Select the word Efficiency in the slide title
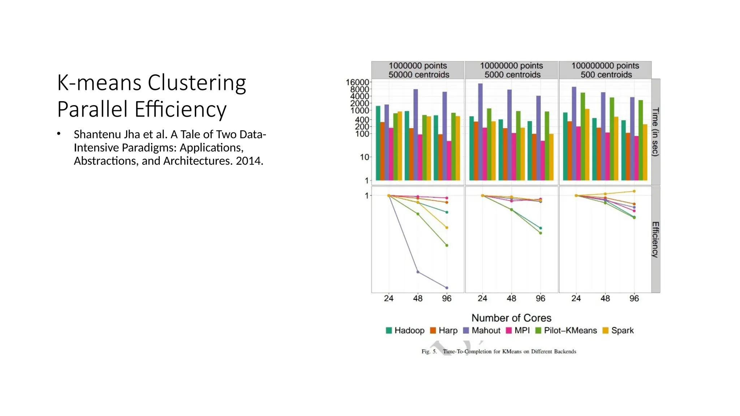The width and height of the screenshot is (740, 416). pos(181,110)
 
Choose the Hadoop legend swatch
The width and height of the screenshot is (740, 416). pos(389,330)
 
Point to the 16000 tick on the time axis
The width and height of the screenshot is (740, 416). pos(357,82)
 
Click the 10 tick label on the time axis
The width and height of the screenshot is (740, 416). pos(364,157)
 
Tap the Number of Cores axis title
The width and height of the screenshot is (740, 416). pos(511,318)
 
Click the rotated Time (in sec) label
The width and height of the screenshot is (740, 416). pos(655,132)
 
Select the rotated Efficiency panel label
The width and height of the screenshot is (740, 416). pos(655,239)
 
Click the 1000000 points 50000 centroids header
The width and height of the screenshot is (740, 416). pos(418,70)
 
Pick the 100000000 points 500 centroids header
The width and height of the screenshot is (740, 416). pos(605,70)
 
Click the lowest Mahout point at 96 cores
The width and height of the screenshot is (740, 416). pos(447,288)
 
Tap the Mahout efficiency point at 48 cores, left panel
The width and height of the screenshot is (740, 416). pos(418,272)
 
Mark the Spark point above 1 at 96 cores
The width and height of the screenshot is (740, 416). pos(634,191)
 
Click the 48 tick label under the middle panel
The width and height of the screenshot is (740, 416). pos(511,299)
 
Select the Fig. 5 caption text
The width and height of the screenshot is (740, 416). pos(499,351)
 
